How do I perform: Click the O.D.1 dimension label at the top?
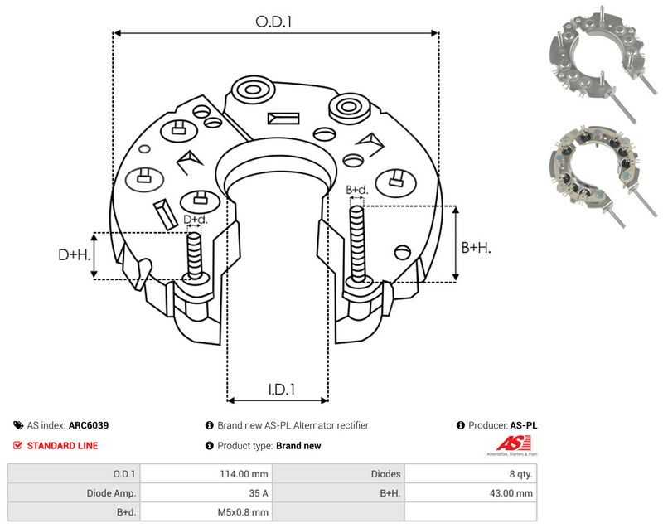pos(273,22)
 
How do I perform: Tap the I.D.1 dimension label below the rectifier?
pos(282,389)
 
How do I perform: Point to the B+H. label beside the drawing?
pos(476,247)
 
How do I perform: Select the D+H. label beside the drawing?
pos(75,254)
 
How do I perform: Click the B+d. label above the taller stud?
pos(357,190)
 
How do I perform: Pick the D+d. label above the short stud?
pos(196,220)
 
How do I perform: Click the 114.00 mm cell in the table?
pos(244,474)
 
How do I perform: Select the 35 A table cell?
pos(259,493)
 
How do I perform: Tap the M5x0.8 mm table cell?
pos(243,512)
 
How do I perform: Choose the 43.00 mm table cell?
pos(511,493)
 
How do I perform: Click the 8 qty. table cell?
pos(521,474)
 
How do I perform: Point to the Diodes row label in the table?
pos(385,474)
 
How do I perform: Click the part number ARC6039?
pos(89,425)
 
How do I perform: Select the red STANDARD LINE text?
pos(63,446)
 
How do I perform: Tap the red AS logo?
pos(512,446)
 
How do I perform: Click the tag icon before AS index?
pos(18,425)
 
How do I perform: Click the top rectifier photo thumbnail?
pos(603,64)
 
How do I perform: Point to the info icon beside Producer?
pos(461,425)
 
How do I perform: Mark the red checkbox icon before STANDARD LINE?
pos(17,446)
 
